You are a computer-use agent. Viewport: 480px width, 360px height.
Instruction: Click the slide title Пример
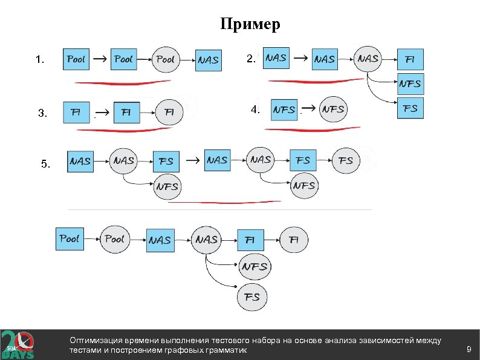(x=250, y=24)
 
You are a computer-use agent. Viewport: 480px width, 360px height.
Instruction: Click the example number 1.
(x=39, y=60)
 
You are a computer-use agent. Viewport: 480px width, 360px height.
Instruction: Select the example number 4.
(x=255, y=110)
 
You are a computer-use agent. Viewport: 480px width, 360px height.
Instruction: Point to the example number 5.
(x=47, y=164)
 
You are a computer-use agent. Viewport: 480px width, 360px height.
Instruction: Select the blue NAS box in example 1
(x=208, y=60)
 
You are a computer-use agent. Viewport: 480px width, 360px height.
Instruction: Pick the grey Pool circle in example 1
(x=165, y=59)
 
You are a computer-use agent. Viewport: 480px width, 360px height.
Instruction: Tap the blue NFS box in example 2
(x=410, y=83)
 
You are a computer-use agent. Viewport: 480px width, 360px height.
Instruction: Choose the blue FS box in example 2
(x=410, y=109)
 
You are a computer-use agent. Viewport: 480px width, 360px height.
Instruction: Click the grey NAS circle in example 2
(x=368, y=59)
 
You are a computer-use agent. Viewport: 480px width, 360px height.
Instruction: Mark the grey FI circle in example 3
(x=169, y=112)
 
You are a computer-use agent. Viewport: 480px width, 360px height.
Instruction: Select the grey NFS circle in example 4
(x=333, y=110)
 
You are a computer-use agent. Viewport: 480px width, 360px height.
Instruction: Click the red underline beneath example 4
(x=314, y=129)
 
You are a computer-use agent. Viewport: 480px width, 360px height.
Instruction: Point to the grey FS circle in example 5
(x=346, y=160)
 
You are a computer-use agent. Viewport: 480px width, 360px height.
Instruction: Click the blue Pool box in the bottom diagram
(x=70, y=239)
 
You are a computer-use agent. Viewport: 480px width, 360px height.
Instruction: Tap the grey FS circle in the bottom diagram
(x=253, y=296)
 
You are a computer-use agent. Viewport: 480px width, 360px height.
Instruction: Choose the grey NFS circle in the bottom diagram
(x=255, y=266)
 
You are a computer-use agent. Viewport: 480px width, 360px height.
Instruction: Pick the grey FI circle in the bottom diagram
(x=293, y=240)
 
